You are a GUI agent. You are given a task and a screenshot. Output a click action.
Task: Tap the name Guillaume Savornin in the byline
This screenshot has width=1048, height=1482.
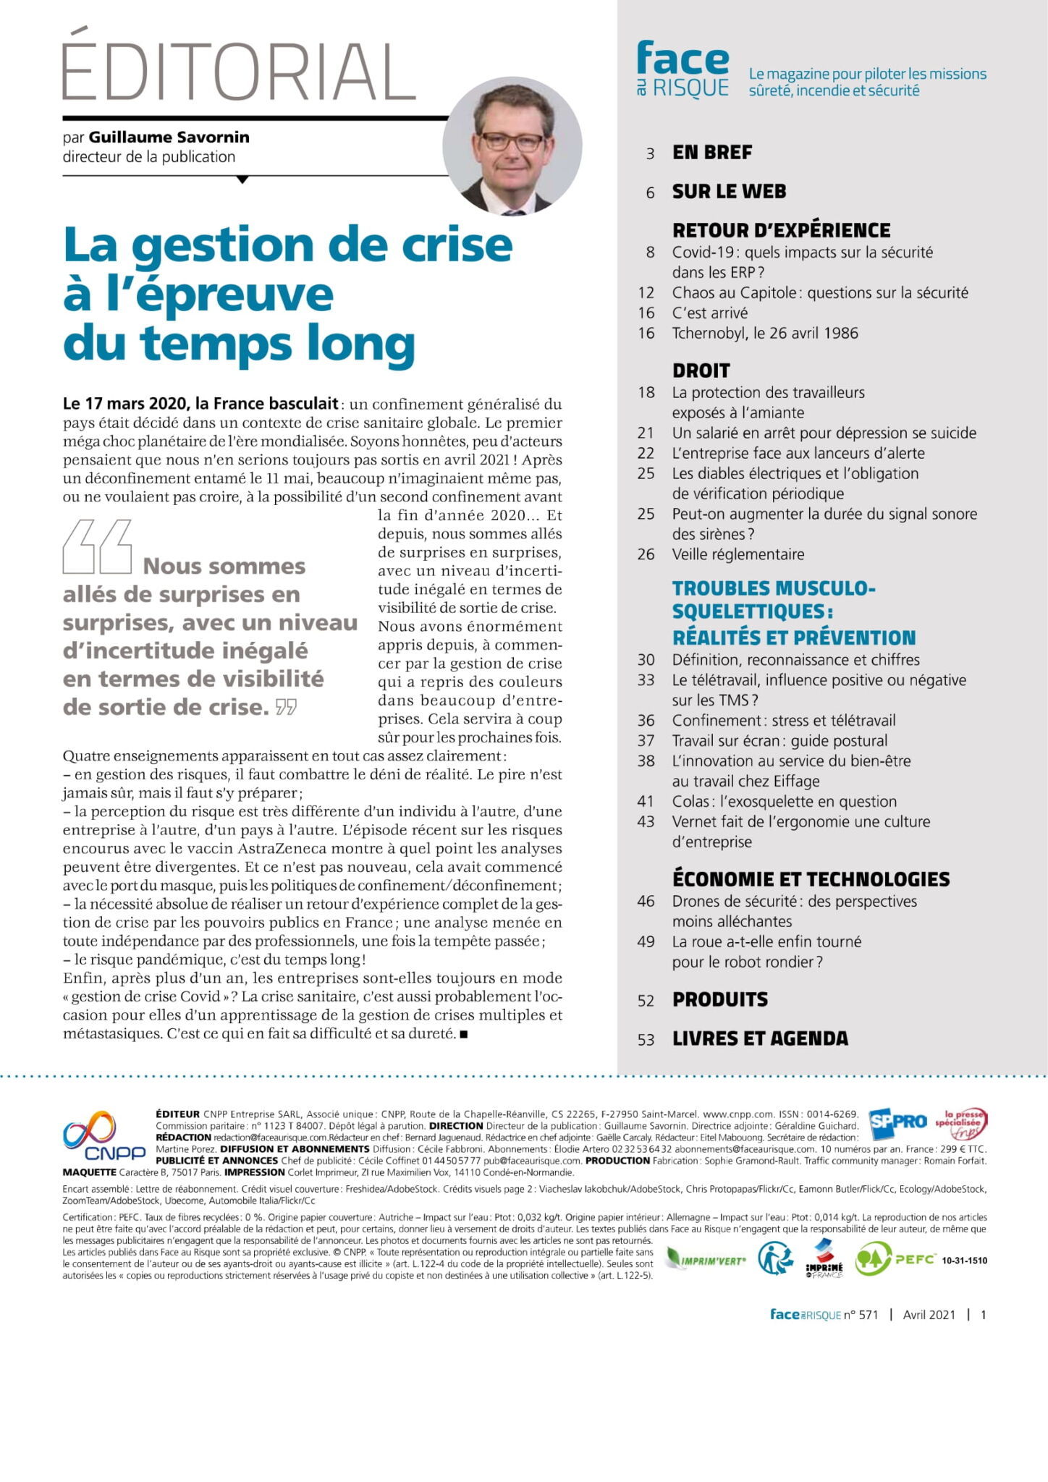coord(169,137)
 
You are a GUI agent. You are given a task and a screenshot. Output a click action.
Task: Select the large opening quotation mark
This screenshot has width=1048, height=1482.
coord(97,546)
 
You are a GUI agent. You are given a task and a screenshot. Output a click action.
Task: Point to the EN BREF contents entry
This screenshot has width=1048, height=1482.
coord(712,153)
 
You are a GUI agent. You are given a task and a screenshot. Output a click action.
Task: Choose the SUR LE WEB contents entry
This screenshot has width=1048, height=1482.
coord(729,192)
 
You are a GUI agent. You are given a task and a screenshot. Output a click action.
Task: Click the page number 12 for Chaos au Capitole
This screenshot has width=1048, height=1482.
coord(646,293)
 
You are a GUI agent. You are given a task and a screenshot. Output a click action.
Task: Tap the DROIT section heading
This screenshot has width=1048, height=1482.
coord(701,370)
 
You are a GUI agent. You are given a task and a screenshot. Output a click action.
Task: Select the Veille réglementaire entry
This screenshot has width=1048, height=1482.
coord(738,555)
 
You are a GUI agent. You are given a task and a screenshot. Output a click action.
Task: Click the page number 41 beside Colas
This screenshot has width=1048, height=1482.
coord(646,802)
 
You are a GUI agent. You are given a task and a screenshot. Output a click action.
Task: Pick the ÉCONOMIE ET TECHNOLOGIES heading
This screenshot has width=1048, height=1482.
coord(811,879)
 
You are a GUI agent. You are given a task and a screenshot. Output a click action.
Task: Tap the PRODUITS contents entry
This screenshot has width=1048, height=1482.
coord(720,999)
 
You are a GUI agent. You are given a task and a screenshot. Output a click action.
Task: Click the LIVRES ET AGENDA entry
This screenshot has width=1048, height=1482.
coord(760,1038)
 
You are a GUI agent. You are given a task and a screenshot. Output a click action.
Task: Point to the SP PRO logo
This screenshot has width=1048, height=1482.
coord(897,1122)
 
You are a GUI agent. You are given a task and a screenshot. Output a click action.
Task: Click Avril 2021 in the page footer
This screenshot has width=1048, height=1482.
coord(929,1315)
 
